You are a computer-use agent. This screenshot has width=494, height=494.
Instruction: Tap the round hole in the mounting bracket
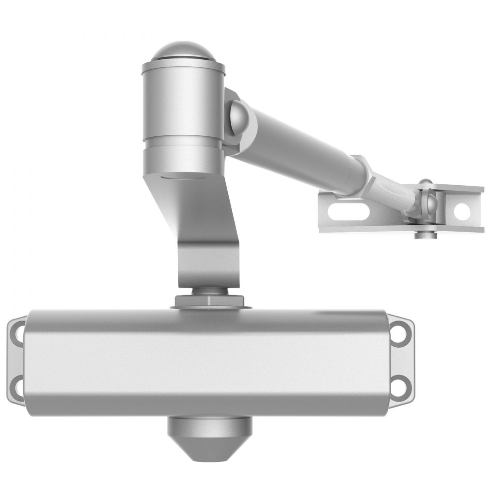pos(462,211)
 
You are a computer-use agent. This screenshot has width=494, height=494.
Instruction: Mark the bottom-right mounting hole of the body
pos(400,383)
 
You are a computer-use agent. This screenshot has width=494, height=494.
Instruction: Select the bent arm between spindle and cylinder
pos(207,237)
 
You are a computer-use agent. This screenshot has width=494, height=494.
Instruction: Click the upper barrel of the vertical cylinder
pos(183,104)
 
